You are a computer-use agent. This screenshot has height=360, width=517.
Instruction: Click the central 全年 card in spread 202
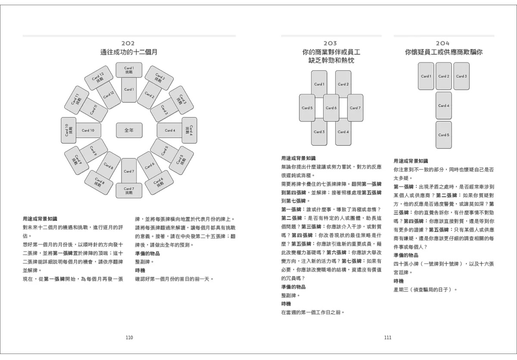pyautogui.click(x=129, y=130)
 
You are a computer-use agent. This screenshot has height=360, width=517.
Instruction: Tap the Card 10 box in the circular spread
pyautogui.click(x=88, y=130)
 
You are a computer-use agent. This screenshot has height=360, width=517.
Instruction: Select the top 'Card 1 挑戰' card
pyautogui.click(x=129, y=70)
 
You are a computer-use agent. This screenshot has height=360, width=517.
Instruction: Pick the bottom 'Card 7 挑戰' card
pyautogui.click(x=128, y=190)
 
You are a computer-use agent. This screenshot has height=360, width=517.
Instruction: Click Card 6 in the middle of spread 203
pyautogui.click(x=331, y=108)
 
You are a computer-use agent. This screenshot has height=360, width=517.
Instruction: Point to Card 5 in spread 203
pyautogui.click(x=307, y=108)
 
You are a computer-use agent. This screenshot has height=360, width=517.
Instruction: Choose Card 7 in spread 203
pyautogui.click(x=355, y=108)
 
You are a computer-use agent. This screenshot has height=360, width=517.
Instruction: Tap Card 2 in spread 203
pyautogui.click(x=343, y=84)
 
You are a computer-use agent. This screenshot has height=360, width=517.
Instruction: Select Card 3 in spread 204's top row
pyautogui.click(x=461, y=76)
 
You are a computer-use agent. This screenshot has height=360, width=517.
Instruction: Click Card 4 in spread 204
pyautogui.click(x=444, y=106)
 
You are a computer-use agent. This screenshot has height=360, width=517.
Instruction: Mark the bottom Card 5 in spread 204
pyautogui.click(x=444, y=135)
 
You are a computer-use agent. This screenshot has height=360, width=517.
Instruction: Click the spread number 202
pyautogui.click(x=128, y=43)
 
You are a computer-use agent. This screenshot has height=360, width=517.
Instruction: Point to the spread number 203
pyautogui.click(x=330, y=43)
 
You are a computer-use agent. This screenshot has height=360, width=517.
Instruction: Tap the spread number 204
pyautogui.click(x=443, y=43)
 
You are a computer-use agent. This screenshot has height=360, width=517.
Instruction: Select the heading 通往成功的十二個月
pyautogui.click(x=128, y=52)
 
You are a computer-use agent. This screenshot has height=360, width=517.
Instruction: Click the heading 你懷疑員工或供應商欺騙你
pyautogui.click(x=443, y=52)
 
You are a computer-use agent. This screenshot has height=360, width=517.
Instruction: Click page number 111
pyautogui.click(x=388, y=338)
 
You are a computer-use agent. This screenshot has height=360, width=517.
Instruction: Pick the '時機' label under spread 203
pyautogui.click(x=286, y=304)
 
